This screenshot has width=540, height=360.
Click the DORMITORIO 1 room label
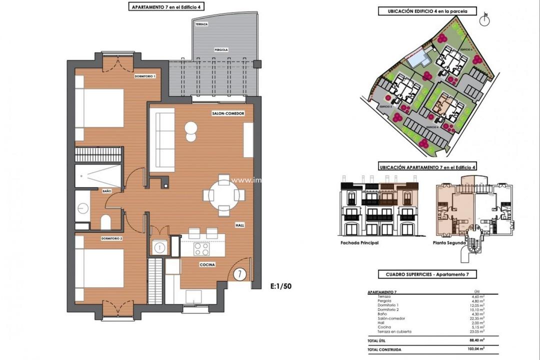coord(144,76)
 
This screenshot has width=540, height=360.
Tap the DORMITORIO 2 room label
coord(111,238)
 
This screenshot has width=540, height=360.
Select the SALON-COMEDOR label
coord(228,114)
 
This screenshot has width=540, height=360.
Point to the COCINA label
coord(207,264)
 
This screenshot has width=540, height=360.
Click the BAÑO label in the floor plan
coord(106,191)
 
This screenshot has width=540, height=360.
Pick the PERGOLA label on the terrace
coord(221,50)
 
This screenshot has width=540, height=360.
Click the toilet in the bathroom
coord(105,221)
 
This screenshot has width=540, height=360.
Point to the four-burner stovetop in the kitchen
coord(201,248)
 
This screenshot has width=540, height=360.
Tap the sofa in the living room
coord(162,140)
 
